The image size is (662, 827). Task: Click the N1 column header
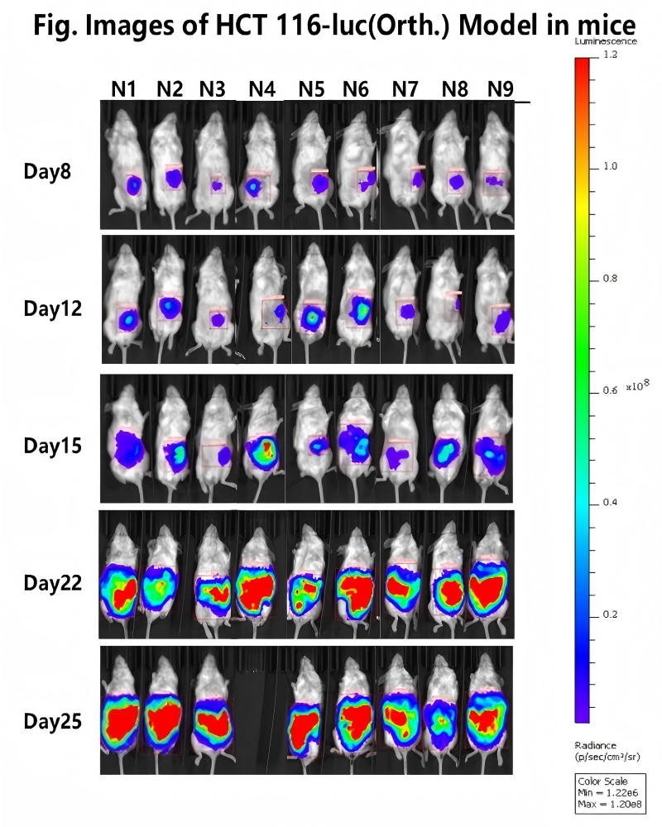[x=124, y=90]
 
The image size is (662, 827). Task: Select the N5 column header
[x=312, y=90]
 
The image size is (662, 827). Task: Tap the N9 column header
[x=499, y=90]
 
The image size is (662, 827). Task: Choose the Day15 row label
[x=52, y=446]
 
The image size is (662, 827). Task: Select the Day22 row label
[x=52, y=582]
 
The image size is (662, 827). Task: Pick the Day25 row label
[x=52, y=722]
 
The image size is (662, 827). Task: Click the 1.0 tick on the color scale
[x=611, y=166]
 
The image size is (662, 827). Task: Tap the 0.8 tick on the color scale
[x=611, y=279]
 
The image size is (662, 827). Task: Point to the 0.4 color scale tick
[x=611, y=503]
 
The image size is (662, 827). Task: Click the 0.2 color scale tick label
[x=611, y=615]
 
